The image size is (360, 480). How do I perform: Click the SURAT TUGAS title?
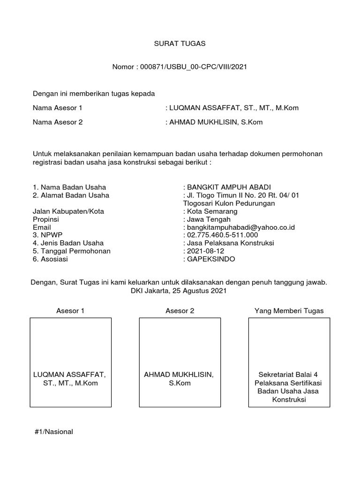[x=180, y=44]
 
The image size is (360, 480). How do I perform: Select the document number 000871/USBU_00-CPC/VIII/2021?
[x=192, y=67]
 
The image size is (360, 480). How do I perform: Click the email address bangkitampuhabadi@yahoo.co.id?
[x=239, y=227]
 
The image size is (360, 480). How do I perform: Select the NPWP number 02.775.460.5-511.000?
[x=223, y=235]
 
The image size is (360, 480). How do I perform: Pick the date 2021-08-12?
[x=205, y=251]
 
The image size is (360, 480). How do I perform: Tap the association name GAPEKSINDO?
[x=211, y=259]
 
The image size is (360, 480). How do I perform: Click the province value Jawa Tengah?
[x=207, y=219]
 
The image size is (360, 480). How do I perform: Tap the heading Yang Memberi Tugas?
[x=289, y=310]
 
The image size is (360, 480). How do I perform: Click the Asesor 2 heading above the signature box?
[x=180, y=310]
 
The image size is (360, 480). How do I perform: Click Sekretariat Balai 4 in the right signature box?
[x=288, y=375]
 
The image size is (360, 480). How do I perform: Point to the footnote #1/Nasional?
[x=54, y=431]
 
